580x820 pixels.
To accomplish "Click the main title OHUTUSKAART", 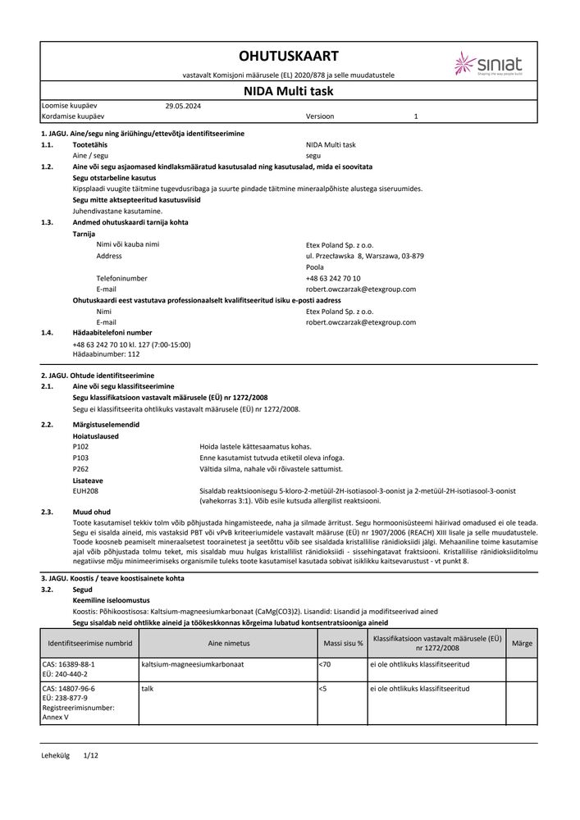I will click(288, 56).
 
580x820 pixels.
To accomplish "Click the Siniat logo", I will click(487, 63).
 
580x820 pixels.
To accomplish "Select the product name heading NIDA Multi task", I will click(288, 91).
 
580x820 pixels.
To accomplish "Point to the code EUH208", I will click(85, 490).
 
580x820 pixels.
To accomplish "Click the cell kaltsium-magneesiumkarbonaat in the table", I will click(194, 663).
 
